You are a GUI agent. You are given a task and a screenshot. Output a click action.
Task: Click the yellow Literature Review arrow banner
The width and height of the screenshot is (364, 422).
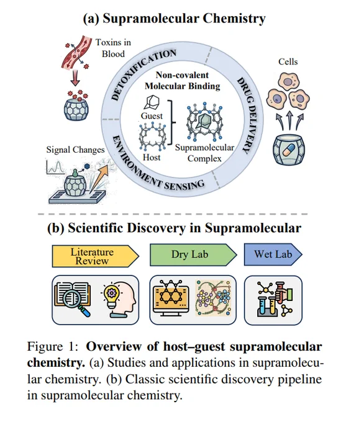[96, 256]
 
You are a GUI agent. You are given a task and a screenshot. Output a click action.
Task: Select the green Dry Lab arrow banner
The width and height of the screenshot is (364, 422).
[193, 254]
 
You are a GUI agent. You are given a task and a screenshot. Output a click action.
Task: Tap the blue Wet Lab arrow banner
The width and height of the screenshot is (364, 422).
[273, 254]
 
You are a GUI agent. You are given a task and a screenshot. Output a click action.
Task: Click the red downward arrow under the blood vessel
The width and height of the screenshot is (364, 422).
[75, 78]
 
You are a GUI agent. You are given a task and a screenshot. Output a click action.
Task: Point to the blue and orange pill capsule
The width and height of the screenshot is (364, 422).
[289, 151]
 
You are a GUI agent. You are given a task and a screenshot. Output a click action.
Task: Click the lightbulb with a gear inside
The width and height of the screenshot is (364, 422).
[111, 296]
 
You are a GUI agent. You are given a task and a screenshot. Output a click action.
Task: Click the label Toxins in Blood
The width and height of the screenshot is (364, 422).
[113, 48]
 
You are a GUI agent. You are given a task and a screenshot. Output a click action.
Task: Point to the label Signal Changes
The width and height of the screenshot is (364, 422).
[75, 150]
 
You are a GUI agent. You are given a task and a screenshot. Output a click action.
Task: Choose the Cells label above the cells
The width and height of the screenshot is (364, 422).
[288, 61]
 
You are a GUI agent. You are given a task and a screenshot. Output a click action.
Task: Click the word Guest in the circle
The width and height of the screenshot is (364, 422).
[152, 115]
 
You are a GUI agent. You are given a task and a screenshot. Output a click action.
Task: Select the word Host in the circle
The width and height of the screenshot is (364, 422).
[152, 157]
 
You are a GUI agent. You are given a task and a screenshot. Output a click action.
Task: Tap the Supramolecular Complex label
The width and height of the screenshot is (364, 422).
[204, 153]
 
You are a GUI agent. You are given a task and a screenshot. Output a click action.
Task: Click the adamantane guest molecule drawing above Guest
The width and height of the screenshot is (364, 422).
[152, 103]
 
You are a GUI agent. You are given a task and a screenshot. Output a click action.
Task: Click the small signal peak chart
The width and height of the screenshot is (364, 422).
[55, 167]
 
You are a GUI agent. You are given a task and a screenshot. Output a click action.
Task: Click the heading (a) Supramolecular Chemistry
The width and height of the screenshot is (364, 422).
[174, 19]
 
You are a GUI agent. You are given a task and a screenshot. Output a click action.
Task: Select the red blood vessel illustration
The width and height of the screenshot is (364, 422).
[75, 52]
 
